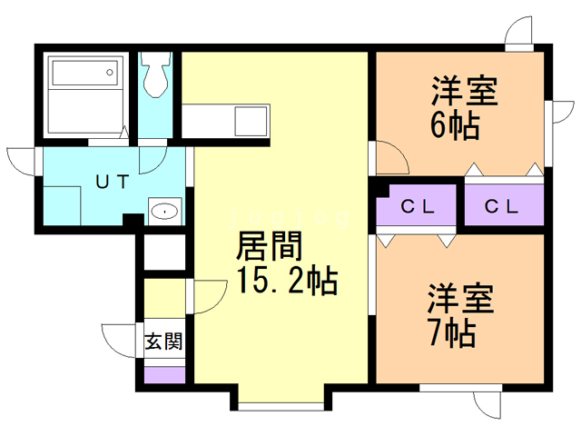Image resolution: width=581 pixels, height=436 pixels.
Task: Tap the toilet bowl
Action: click(157, 76)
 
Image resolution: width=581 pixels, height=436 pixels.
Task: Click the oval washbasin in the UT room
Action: click(164, 212)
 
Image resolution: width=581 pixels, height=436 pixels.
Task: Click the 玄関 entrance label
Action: click(164, 342)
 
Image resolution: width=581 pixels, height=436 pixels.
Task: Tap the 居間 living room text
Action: click(270, 247)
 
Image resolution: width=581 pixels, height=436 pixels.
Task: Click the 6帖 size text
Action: click(455, 125)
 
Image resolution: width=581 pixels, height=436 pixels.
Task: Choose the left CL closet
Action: click(419, 206)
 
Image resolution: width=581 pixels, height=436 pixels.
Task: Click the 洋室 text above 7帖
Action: click(461, 298)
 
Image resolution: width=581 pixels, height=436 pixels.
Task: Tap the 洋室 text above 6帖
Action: click(463, 92)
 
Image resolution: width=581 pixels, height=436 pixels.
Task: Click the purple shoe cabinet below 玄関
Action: click(164, 373)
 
